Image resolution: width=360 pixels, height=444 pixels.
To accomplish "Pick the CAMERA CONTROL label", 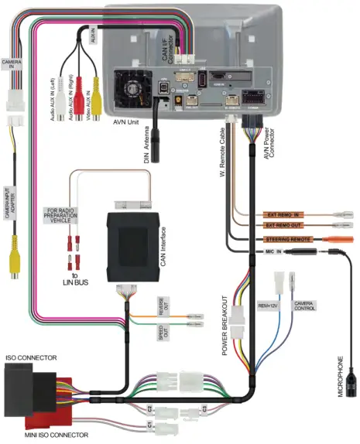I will pyautogui.click(x=301, y=304).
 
